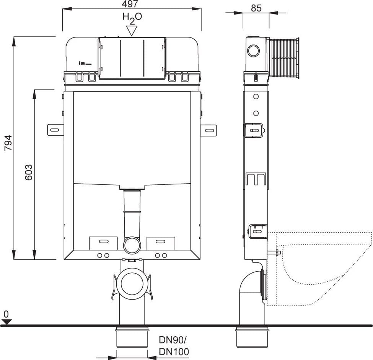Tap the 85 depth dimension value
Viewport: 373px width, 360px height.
point(256,8)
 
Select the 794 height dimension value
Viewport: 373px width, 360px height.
point(8,143)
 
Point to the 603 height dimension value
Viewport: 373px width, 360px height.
point(29,172)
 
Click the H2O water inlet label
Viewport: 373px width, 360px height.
point(132,18)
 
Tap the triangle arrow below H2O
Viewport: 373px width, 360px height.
point(132,31)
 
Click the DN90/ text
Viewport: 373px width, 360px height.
point(173,340)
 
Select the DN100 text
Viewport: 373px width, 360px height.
point(174,352)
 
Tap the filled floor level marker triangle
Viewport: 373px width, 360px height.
point(7,322)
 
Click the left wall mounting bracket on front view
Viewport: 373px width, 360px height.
point(56,130)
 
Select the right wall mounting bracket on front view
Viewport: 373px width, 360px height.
point(208,130)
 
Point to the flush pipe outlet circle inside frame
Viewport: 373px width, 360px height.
point(132,245)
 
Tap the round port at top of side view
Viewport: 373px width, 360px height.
point(253,51)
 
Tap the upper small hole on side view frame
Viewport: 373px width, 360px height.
point(256,97)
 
